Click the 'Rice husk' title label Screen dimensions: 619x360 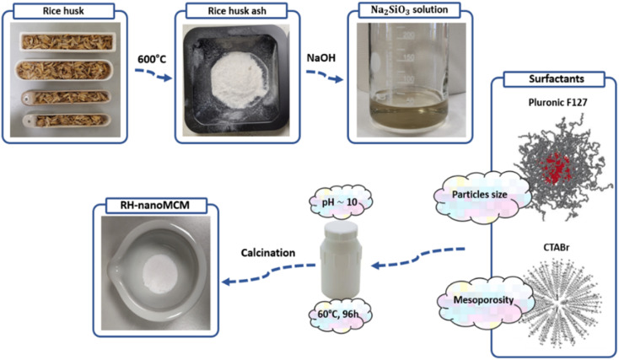[66, 11]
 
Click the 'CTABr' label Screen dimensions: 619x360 [553, 250]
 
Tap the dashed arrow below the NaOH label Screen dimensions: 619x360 [324, 78]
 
